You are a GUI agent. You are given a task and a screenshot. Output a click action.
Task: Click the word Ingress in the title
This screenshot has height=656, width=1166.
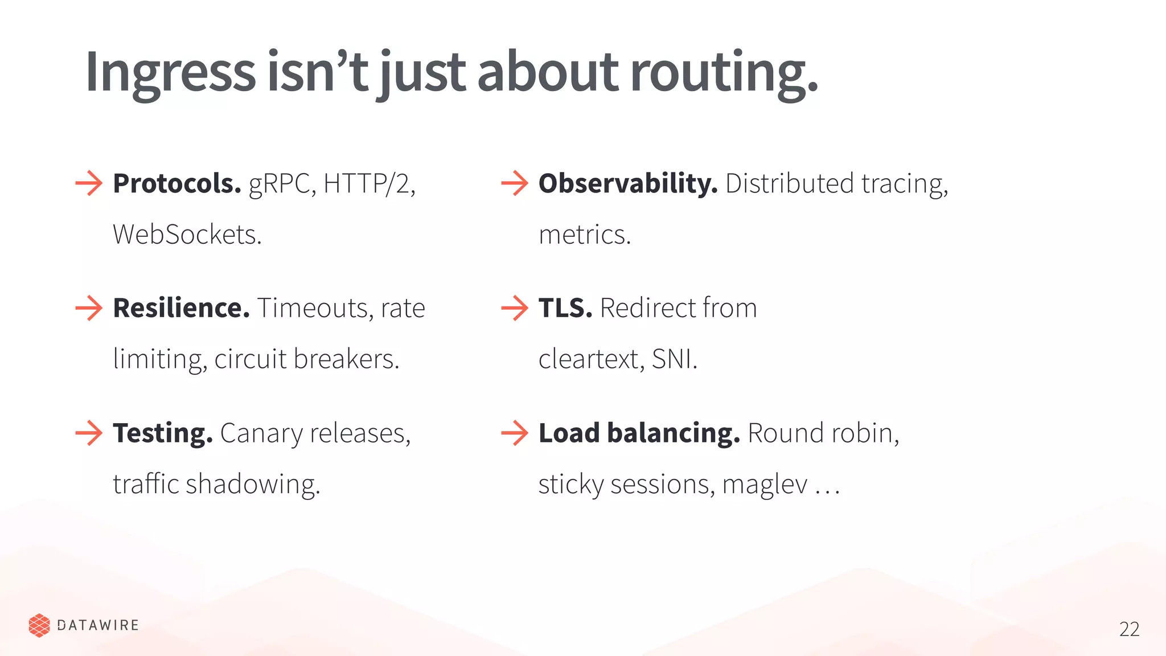[x=170, y=73]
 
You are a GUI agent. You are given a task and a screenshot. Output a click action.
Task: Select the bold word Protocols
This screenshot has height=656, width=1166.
[x=176, y=183]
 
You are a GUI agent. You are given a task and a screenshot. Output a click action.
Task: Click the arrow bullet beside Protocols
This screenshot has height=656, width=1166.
[x=89, y=183]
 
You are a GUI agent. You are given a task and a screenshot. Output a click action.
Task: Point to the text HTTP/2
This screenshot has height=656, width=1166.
[x=369, y=183]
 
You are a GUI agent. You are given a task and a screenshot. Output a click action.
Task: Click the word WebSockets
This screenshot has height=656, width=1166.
[x=187, y=235]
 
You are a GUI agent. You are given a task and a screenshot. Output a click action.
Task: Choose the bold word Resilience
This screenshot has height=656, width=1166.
[x=181, y=308]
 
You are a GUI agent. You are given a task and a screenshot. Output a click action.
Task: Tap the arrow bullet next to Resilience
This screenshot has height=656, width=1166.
[x=89, y=308]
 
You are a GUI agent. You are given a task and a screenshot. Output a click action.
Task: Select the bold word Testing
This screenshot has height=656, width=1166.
[x=162, y=433]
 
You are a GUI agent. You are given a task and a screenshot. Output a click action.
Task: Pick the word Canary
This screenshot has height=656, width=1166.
[x=261, y=433]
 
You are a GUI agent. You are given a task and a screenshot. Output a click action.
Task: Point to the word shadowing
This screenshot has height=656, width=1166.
[x=253, y=485]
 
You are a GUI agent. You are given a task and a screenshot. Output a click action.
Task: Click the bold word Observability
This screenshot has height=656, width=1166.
[x=627, y=183]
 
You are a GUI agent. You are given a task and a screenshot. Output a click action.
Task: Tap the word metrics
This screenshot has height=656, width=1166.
[x=584, y=235]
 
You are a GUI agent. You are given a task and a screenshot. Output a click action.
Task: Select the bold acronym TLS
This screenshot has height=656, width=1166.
[x=565, y=308]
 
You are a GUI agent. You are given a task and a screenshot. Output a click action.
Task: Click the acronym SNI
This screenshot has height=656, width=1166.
[x=674, y=359]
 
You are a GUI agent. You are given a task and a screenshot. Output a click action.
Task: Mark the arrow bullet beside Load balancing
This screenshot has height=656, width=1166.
[x=515, y=433]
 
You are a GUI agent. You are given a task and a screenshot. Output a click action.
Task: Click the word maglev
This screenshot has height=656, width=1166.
[x=765, y=485]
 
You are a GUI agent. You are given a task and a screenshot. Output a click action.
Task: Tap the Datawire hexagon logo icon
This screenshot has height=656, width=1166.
[x=39, y=625]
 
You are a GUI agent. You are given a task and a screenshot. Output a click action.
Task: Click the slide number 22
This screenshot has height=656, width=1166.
[x=1129, y=629]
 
